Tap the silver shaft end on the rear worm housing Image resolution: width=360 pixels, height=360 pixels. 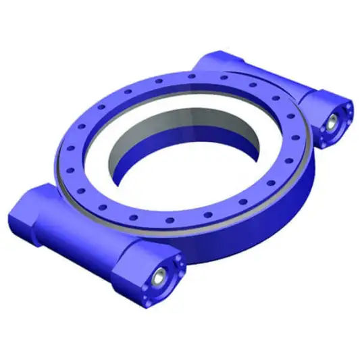click(333, 122)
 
